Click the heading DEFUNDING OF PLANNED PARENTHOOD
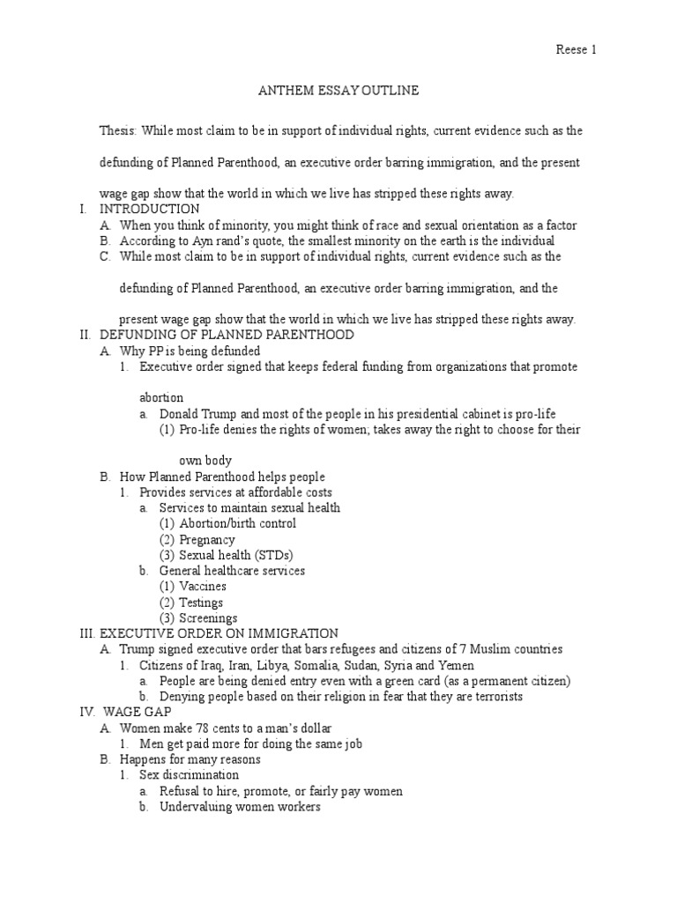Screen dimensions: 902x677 227,335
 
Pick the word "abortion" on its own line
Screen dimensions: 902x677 161,397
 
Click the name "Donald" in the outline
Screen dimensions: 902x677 180,413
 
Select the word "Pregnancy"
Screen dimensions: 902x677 207,539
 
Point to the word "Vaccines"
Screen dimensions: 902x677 203,587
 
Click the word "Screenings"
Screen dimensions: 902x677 208,618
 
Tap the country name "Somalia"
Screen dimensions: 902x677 323,665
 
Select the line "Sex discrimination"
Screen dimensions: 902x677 189,775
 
